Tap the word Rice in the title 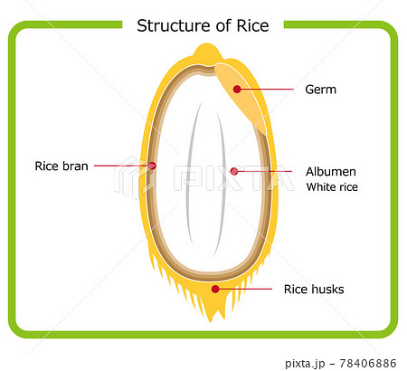(252, 25)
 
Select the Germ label (320, 90)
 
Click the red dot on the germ (237, 89)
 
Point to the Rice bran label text (62, 166)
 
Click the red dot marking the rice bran (152, 166)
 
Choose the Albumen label (331, 172)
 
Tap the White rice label (332, 187)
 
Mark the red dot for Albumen (234, 171)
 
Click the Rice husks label (314, 290)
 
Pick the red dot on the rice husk (215, 289)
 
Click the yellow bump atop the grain (207, 52)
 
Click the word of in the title (224, 25)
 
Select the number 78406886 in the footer (368, 363)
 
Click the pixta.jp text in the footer (305, 364)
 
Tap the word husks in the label (328, 290)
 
